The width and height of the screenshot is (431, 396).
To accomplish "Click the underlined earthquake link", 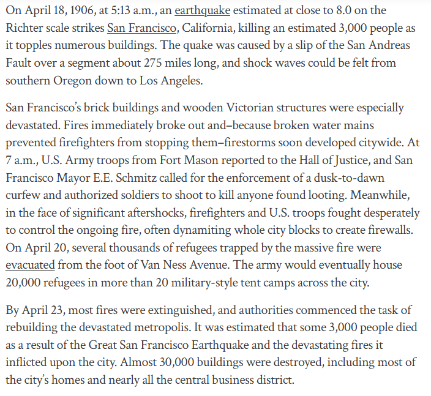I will [x=201, y=10].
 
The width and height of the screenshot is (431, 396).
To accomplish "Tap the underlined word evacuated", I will [x=31, y=265].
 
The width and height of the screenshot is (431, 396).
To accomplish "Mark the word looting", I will [x=335, y=195].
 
